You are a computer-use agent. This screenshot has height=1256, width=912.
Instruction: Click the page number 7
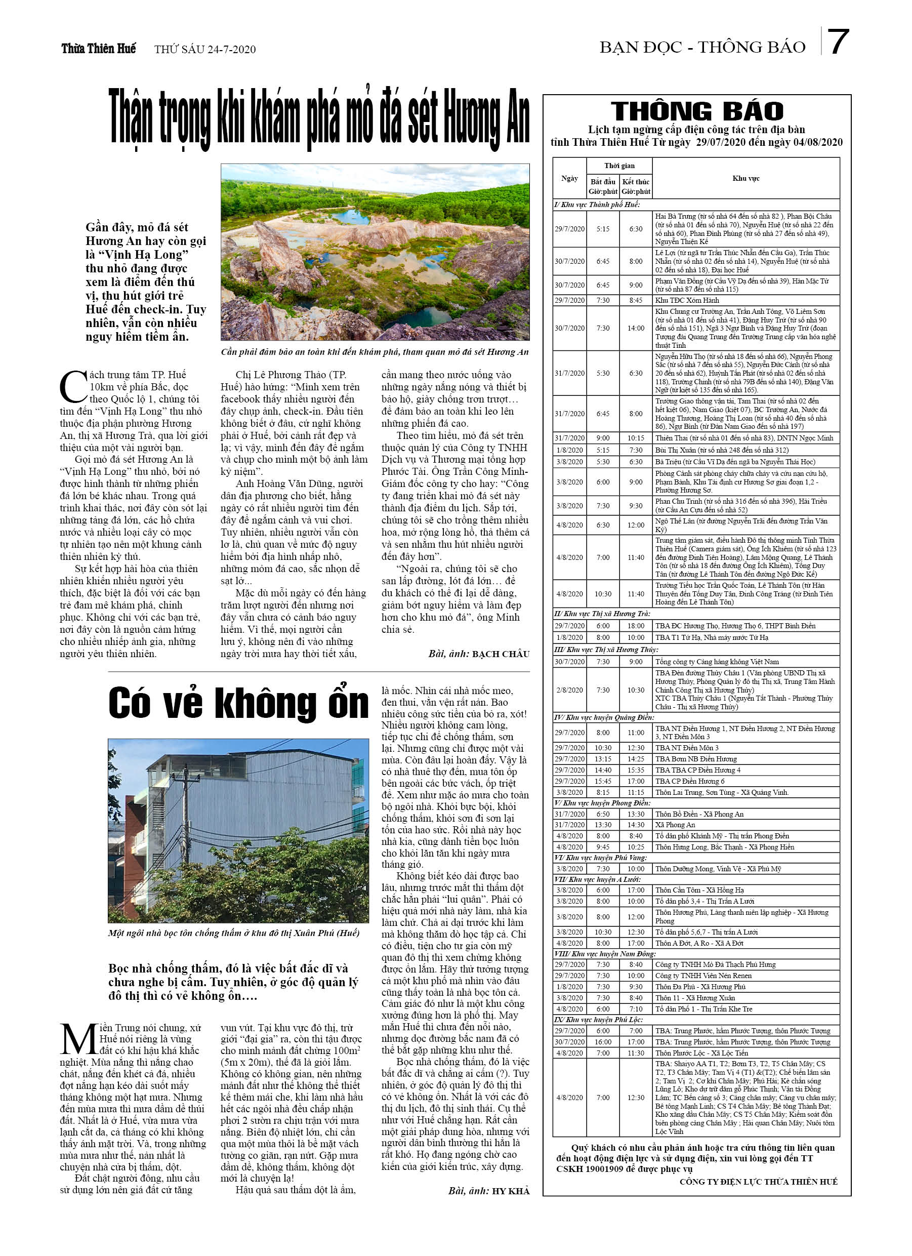tap(838, 42)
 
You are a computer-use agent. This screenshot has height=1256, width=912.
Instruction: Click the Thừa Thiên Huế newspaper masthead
tap(99, 49)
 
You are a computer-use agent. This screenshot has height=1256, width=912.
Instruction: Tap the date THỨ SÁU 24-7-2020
tap(205, 50)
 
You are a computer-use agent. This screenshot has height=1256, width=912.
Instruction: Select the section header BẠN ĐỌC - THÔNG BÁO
tap(702, 48)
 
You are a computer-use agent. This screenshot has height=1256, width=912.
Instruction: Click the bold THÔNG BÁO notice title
tap(696, 111)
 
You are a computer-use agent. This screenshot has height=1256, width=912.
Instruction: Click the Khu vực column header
tap(745, 178)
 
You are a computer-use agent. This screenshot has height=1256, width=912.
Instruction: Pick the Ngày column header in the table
tap(569, 178)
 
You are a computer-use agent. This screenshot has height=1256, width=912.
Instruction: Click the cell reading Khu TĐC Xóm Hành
tap(687, 300)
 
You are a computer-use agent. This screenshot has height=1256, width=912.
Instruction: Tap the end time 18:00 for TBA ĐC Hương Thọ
tap(636, 626)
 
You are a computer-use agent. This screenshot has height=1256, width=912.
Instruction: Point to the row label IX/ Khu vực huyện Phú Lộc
tap(598, 1020)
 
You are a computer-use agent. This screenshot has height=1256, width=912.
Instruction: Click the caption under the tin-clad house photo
tap(234, 933)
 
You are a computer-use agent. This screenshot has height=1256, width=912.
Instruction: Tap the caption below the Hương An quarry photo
tap(375, 352)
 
